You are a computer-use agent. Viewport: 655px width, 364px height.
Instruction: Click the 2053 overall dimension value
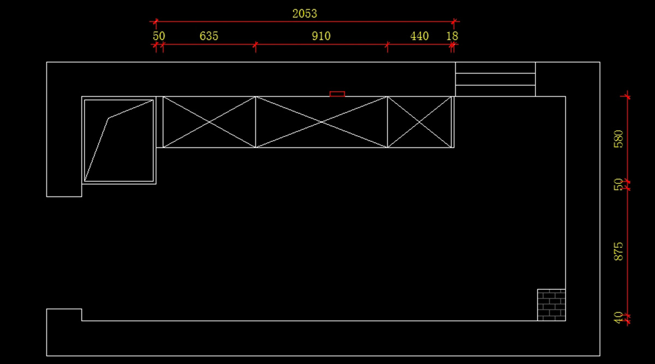coord(305,13)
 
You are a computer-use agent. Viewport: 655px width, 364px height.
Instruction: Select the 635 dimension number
coord(209,36)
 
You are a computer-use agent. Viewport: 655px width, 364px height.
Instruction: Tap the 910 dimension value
coord(321,36)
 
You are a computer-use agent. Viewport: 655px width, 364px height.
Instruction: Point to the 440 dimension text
coord(419,36)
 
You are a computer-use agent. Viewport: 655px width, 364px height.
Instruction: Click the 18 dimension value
coord(452,36)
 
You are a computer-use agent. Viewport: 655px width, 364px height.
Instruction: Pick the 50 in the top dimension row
coord(159,36)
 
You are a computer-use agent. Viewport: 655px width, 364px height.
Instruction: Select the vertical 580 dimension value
coord(618,139)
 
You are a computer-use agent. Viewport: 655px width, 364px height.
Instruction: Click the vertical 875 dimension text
coord(618,251)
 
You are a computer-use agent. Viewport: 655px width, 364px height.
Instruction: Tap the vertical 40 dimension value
coord(618,318)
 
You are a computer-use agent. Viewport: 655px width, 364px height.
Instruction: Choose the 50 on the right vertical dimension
coord(618,184)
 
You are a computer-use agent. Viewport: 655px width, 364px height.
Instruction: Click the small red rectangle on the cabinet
coord(337,94)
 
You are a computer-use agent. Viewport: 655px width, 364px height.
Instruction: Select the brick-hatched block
coord(551,305)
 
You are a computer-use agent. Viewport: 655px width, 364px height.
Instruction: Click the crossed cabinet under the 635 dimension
coord(210,122)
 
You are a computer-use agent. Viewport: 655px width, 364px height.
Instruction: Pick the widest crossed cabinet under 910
coord(321,122)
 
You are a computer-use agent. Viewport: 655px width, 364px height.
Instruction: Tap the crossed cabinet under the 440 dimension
coord(419,122)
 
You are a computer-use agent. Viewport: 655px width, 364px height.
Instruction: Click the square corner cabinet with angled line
coord(119,140)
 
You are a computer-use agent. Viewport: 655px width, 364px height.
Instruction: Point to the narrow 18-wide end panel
coord(452,122)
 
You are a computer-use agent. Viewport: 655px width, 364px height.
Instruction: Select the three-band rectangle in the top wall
coord(495,79)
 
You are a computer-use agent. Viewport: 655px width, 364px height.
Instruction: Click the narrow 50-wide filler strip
coord(159,122)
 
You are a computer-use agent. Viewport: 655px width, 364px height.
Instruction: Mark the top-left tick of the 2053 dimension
coord(156,22)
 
